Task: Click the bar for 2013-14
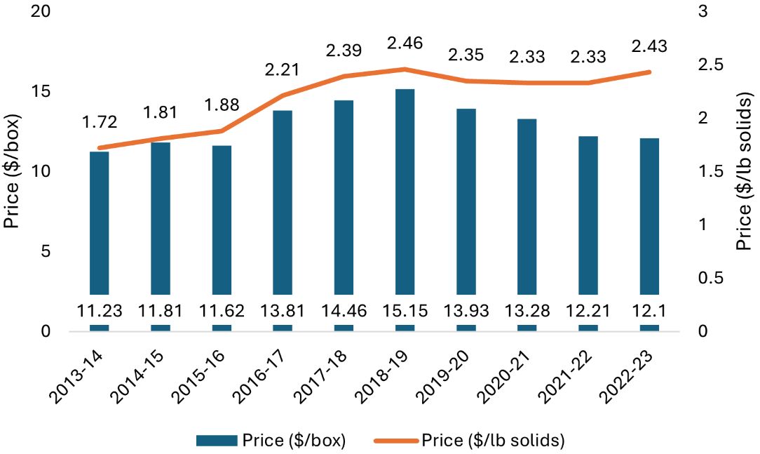[100, 225]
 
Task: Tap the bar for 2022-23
[649, 218]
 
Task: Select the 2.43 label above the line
[649, 46]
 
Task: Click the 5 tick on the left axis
[46, 252]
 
